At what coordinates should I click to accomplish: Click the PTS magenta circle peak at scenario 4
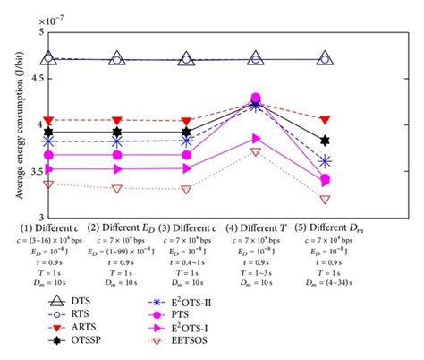tap(256, 99)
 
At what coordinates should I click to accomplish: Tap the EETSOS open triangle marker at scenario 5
tap(325, 199)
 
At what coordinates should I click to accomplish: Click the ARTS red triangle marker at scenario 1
tap(48, 119)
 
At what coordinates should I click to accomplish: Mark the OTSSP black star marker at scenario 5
tap(325, 141)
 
